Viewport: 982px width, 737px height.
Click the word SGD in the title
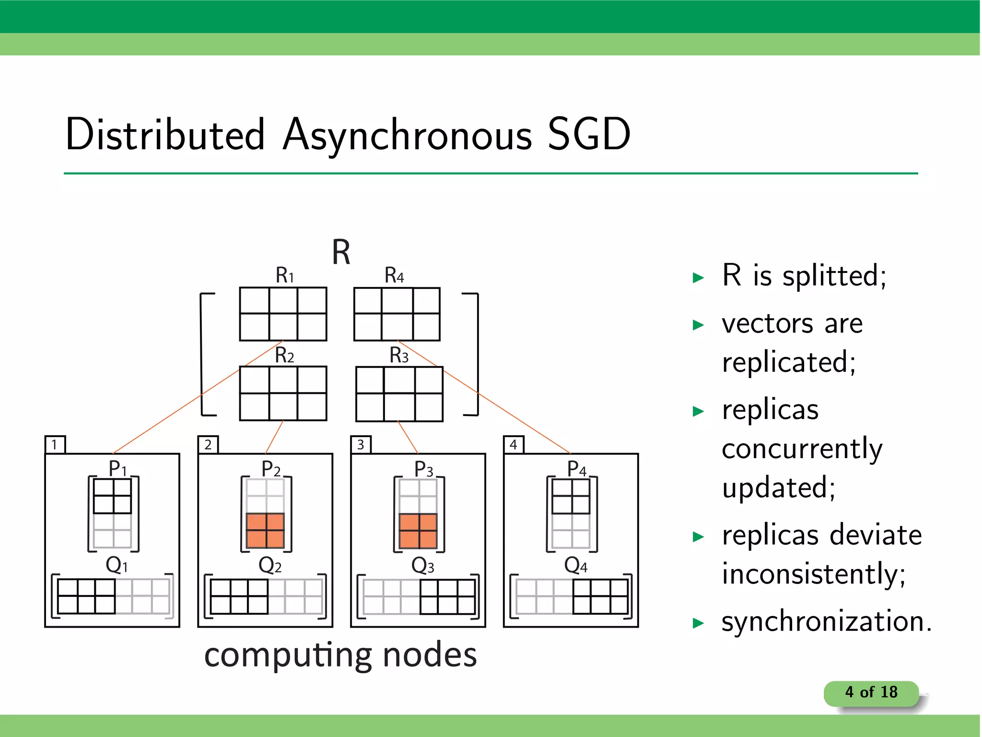point(589,135)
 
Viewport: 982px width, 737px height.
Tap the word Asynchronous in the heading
point(408,136)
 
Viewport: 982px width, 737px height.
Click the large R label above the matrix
point(341,252)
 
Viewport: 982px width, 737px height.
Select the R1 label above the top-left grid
point(284,275)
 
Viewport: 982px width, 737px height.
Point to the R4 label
point(394,275)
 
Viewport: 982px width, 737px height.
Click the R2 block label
point(284,356)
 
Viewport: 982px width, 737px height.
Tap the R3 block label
point(399,356)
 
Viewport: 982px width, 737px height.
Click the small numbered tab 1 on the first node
point(55,444)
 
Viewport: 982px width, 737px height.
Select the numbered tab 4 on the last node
point(514,444)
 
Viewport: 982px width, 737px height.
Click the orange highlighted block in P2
point(265,531)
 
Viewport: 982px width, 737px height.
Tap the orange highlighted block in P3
point(418,531)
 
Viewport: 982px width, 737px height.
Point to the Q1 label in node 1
point(117,565)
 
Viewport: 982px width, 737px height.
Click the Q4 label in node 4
point(575,565)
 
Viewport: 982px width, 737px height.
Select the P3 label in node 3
point(423,469)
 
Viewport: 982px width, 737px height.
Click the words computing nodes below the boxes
point(340,655)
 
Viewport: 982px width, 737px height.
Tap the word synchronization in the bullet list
point(826,621)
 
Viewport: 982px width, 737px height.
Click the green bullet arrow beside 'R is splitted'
point(698,278)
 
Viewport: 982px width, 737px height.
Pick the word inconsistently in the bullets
point(814,574)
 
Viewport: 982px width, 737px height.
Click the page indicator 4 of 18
point(871,692)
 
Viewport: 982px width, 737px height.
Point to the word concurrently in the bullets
point(802,449)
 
